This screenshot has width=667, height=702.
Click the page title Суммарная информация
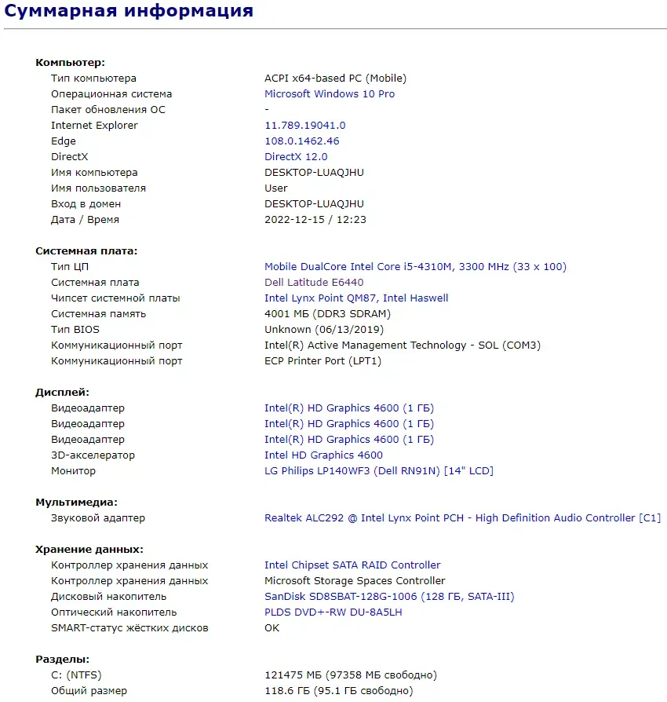pos(129,11)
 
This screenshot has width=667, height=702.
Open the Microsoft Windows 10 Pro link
pos(330,94)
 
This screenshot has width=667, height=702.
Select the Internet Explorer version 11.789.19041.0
pos(305,126)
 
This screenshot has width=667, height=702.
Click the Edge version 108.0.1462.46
pos(302,141)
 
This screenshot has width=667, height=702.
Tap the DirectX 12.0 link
pos(296,157)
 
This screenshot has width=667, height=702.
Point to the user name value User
pos(276,188)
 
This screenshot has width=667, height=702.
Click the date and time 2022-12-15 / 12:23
pos(315,220)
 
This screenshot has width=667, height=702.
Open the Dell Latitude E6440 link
pos(314,283)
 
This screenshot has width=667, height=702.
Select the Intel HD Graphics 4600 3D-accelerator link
pos(323,455)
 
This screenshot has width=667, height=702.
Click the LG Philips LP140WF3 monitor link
pos(379,471)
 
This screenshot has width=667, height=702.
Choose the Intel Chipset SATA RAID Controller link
pos(352,565)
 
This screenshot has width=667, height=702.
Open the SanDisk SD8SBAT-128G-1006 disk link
pos(389,597)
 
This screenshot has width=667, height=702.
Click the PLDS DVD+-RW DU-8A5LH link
pos(333,612)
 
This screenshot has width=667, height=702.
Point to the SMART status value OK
pos(272,628)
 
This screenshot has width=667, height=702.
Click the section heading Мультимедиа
pos(76,503)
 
